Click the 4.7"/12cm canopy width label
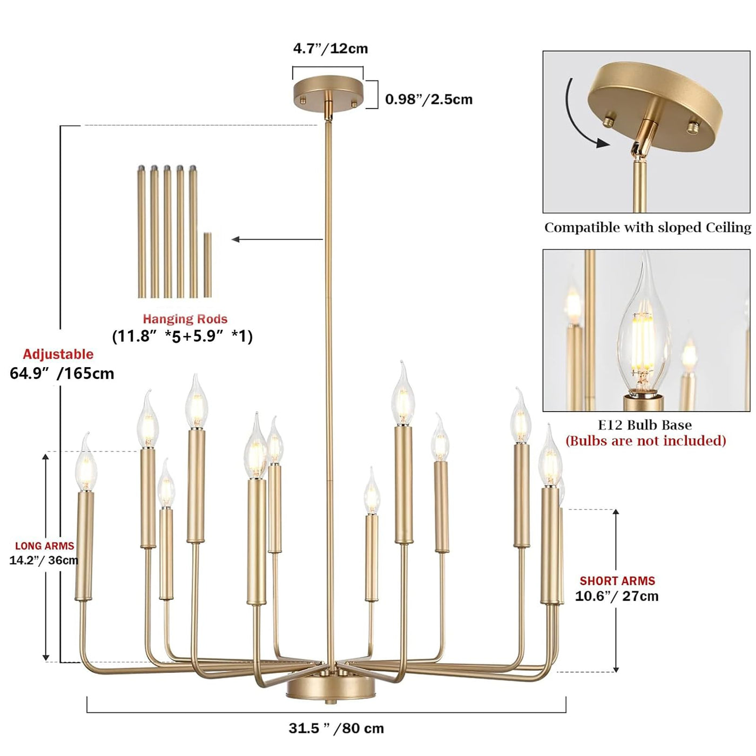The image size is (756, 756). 330,49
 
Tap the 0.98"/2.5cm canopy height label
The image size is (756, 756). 429,99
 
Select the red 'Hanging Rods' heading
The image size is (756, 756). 185,319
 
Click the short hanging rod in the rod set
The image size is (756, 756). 208,265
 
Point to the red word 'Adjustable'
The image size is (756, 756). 58,354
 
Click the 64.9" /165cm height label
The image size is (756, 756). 62,374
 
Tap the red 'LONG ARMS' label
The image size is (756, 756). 45,546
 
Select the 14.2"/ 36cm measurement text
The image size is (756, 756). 44,561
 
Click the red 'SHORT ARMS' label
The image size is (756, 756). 617,581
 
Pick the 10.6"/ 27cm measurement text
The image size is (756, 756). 617,596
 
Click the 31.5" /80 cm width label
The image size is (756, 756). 336,728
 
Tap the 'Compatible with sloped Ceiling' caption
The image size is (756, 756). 647,227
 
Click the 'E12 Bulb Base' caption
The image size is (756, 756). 645,425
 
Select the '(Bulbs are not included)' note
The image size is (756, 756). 646,441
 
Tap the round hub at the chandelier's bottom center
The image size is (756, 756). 330,688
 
